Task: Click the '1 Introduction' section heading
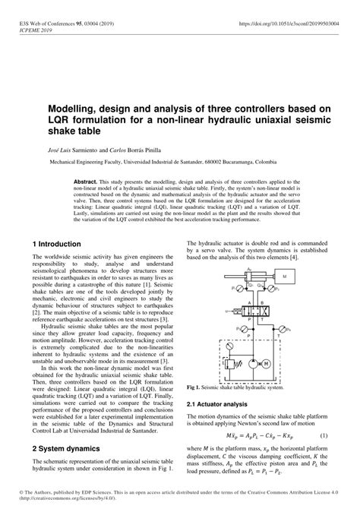tap(56, 244)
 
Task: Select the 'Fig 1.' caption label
tap(195, 387)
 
